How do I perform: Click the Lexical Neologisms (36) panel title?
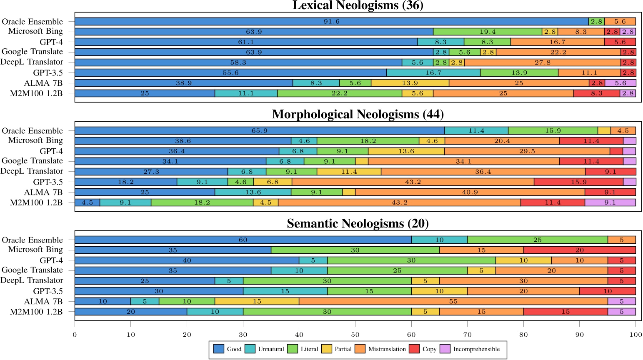[358, 5]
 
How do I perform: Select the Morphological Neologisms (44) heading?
[358, 115]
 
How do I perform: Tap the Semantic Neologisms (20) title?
[358, 224]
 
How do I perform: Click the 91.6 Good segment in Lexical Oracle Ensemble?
[331, 21]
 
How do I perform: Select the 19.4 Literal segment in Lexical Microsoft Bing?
[487, 32]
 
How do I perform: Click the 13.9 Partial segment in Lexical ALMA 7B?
[410, 83]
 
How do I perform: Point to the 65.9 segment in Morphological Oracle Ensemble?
[259, 130]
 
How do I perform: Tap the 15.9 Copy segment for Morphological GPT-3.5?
[578, 182]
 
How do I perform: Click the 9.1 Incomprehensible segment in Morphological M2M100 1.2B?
[610, 202]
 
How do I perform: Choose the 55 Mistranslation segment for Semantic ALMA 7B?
[453, 301]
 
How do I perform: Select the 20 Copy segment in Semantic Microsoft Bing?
[579, 250]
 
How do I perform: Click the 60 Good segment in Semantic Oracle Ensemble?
[243, 240]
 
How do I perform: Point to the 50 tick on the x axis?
[355, 335]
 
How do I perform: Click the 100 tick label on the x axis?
[635, 335]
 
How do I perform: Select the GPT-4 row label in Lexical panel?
[51, 42]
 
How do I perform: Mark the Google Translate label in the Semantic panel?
[32, 270]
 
